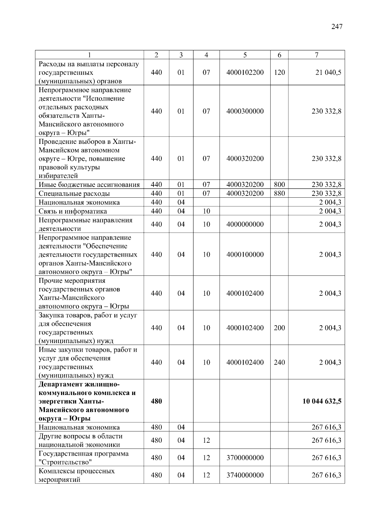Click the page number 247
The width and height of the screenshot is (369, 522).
coord(337,27)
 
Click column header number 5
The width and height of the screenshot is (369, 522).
coord(245,55)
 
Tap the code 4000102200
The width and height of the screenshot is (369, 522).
coord(245,73)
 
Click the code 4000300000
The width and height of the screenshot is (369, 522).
coord(245,111)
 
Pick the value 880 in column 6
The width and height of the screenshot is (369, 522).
coord(279,194)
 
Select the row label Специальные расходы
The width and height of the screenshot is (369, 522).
coord(74,194)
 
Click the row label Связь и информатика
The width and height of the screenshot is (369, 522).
coord(73,211)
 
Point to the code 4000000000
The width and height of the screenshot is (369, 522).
coord(245,224)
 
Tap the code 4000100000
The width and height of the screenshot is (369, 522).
coord(245,255)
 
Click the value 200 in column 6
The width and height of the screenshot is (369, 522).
coord(279,328)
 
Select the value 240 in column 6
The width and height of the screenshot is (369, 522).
coord(279,362)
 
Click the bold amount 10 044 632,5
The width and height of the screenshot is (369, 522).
coord(322,401)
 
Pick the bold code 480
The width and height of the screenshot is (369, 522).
coord(156,401)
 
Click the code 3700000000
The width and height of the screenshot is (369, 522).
coord(245,458)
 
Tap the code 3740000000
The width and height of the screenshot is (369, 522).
coord(245,475)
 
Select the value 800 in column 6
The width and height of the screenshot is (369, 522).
coord(279,185)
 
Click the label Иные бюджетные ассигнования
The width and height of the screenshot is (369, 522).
coord(89,185)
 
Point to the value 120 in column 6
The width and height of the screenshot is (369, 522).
coord(279,73)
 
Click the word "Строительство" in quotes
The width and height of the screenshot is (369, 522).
coord(65,462)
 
